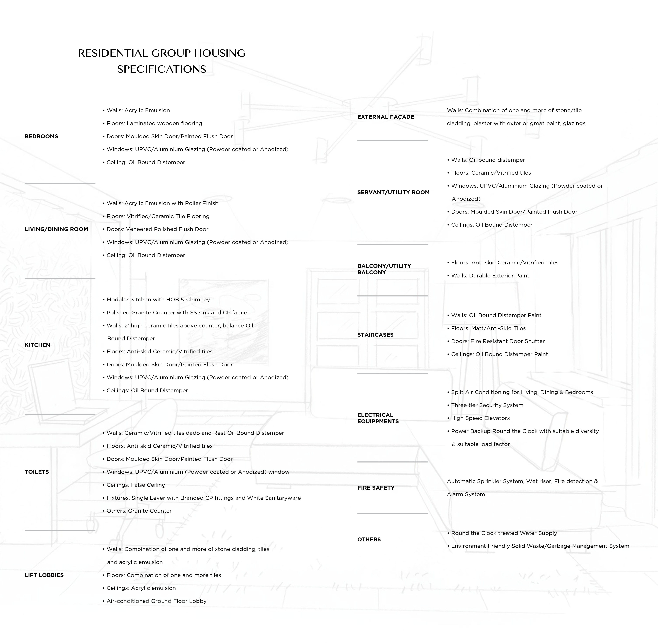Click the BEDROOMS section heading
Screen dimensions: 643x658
click(41, 136)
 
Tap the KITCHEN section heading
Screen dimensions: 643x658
click(37, 345)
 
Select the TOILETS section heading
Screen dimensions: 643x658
click(36, 472)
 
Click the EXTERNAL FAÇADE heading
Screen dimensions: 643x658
click(386, 117)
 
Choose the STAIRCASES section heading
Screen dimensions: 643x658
click(375, 335)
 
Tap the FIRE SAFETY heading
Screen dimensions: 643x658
click(376, 488)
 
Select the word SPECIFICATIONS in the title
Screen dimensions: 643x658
click(162, 69)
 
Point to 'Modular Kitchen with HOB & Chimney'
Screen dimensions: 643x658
click(158, 300)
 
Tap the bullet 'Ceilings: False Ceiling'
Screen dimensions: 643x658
click(136, 485)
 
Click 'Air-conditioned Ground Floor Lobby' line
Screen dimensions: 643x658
click(156, 601)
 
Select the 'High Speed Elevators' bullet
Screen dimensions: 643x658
click(480, 418)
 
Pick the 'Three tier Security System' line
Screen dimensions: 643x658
click(487, 405)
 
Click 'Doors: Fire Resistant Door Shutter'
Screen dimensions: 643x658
click(498, 341)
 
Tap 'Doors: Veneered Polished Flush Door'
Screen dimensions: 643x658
click(157, 229)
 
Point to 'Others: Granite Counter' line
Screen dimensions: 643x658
click(139, 511)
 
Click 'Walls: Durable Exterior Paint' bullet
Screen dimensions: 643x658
click(490, 276)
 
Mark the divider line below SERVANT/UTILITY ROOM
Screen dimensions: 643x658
click(392, 244)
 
